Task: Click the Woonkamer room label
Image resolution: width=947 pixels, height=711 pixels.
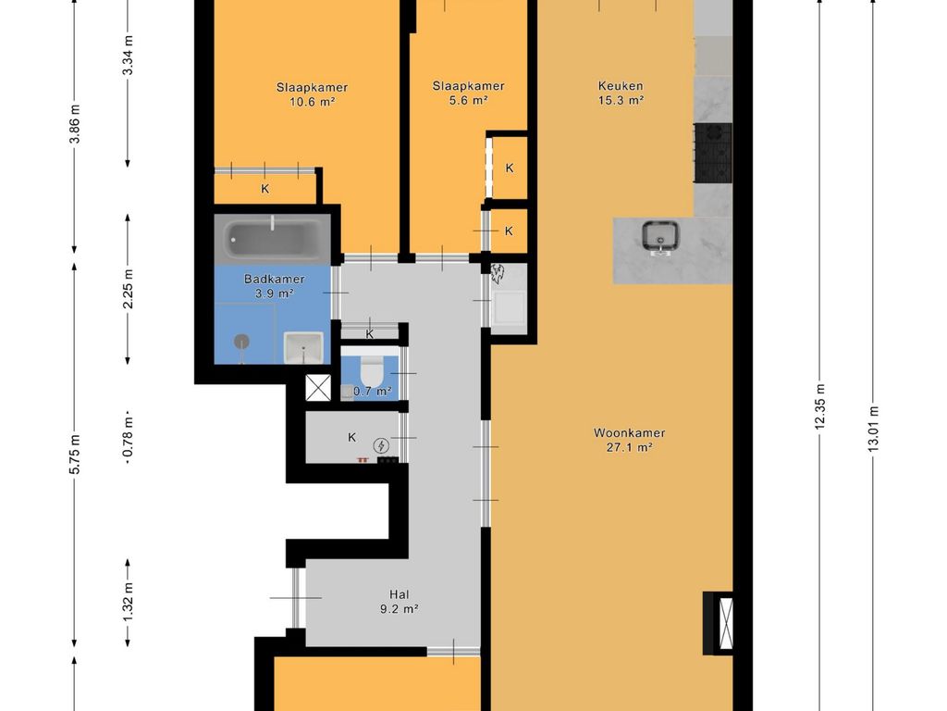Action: (629, 433)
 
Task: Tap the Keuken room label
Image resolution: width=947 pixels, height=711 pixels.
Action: (621, 86)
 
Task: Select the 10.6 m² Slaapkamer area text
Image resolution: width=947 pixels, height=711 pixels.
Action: (313, 102)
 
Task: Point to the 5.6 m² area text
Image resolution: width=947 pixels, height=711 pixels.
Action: (468, 101)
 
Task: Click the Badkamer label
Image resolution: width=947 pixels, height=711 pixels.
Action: (274, 280)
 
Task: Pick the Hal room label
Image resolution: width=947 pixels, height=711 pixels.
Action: (400, 595)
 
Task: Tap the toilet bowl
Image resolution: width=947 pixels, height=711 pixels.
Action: (370, 370)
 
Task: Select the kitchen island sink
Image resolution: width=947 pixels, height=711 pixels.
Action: (660, 238)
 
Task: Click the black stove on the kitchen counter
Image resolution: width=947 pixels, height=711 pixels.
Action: (713, 153)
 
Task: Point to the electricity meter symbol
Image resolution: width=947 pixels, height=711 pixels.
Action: (381, 446)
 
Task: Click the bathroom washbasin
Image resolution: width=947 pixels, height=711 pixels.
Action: (303, 348)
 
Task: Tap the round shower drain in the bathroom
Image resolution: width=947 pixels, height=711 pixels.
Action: (241, 342)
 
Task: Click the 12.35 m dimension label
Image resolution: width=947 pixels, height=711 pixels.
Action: (819, 407)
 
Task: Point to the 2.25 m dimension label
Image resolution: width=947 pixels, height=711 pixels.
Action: (128, 289)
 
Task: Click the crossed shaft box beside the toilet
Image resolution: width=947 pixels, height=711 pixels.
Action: (318, 388)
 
